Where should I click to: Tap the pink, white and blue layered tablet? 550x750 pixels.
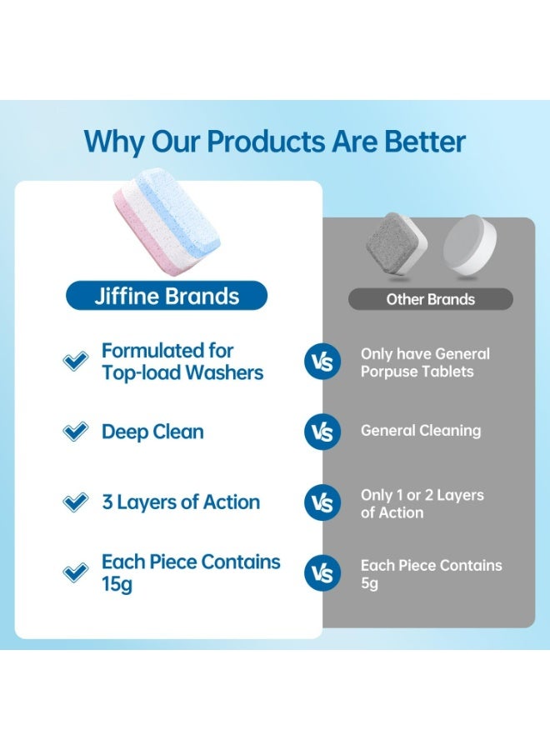click(x=167, y=222)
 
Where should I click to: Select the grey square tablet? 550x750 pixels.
click(x=397, y=246)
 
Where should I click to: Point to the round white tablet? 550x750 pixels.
click(x=470, y=245)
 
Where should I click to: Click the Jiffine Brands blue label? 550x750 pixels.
click(x=167, y=296)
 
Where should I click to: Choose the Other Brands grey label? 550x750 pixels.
click(x=431, y=299)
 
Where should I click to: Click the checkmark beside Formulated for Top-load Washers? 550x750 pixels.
click(x=76, y=361)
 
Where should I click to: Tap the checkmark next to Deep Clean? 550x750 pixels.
click(x=76, y=432)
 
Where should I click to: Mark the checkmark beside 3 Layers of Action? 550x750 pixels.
click(x=76, y=502)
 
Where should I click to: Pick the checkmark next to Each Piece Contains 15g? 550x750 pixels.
click(x=76, y=572)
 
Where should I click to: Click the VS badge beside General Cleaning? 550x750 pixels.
click(x=322, y=432)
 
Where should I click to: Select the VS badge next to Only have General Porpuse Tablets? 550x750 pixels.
click(x=322, y=362)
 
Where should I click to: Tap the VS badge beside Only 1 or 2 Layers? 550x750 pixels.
click(x=322, y=502)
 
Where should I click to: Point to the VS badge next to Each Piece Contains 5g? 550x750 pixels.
click(x=322, y=573)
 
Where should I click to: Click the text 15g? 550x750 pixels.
click(x=117, y=584)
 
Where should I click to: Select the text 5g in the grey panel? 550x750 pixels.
click(x=369, y=583)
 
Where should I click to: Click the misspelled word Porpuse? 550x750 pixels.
click(x=387, y=372)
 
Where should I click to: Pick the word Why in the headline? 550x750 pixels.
click(x=114, y=142)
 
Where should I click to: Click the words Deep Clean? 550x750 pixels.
click(x=152, y=432)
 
